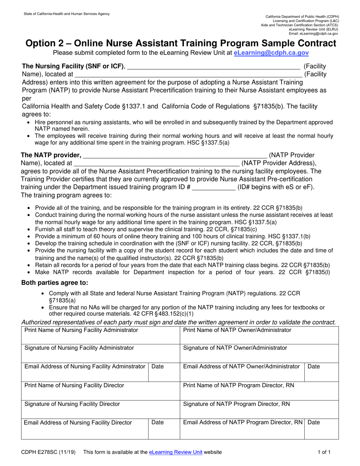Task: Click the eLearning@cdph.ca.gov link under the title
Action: (271, 53)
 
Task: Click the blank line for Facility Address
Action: (188, 75)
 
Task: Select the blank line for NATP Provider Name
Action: (175, 156)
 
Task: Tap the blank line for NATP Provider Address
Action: (157, 164)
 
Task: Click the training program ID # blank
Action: (214, 188)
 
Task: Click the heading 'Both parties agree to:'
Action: (55, 283)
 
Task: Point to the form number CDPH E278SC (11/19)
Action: (48, 452)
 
